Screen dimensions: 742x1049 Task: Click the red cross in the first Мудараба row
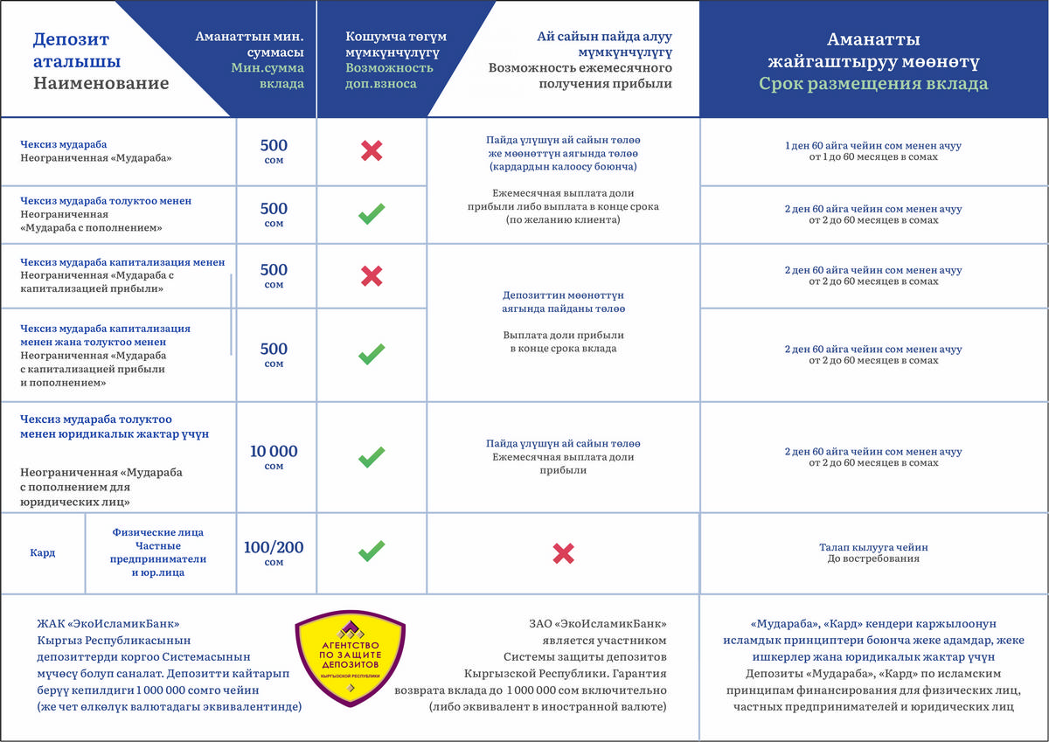[x=372, y=151]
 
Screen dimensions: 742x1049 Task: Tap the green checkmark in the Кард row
[x=372, y=551]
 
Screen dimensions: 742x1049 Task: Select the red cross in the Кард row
[x=563, y=552]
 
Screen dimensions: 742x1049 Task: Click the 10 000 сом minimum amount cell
[x=274, y=457]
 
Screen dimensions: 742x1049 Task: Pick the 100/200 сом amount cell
[x=274, y=553]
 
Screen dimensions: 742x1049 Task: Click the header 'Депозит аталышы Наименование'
[x=101, y=62]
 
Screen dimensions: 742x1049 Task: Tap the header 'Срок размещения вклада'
[x=872, y=85]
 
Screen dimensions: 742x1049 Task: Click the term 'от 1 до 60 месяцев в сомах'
[x=873, y=157]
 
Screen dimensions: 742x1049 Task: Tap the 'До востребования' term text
[x=873, y=558]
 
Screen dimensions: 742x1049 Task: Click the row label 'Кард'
[x=43, y=553]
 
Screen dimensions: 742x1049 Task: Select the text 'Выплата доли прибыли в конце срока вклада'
[x=563, y=342]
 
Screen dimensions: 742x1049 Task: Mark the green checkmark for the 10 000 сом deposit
[x=372, y=456]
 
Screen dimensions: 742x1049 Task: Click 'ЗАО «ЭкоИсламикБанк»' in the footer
[x=598, y=624]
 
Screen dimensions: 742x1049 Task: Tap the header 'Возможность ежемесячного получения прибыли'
[x=580, y=76]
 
